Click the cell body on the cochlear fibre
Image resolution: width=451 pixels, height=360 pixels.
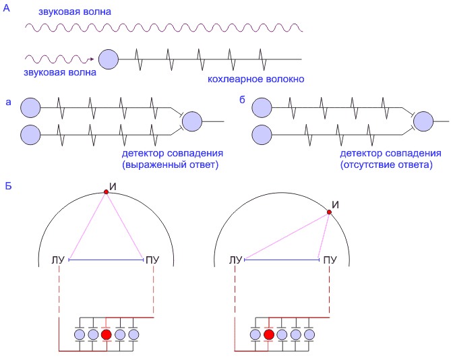click(109, 59)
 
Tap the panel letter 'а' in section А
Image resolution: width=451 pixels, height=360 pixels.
click(8, 100)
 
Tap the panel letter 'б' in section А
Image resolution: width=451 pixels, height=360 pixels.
click(243, 100)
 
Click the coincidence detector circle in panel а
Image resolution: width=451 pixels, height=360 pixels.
click(192, 121)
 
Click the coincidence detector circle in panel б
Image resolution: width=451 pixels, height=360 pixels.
click(423, 121)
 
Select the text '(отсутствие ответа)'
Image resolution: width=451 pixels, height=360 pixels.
click(386, 164)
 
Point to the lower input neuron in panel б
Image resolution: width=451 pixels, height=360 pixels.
click(262, 134)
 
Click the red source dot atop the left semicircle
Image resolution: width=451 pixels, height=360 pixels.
click(106, 193)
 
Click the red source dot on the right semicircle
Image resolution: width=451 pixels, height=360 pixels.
click(329, 213)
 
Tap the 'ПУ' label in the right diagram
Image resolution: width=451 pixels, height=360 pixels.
click(330, 260)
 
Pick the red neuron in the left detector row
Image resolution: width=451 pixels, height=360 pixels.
click(107, 334)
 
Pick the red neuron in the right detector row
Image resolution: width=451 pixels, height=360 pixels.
click(269, 334)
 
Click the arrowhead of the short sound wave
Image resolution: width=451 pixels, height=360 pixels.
click(90, 59)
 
